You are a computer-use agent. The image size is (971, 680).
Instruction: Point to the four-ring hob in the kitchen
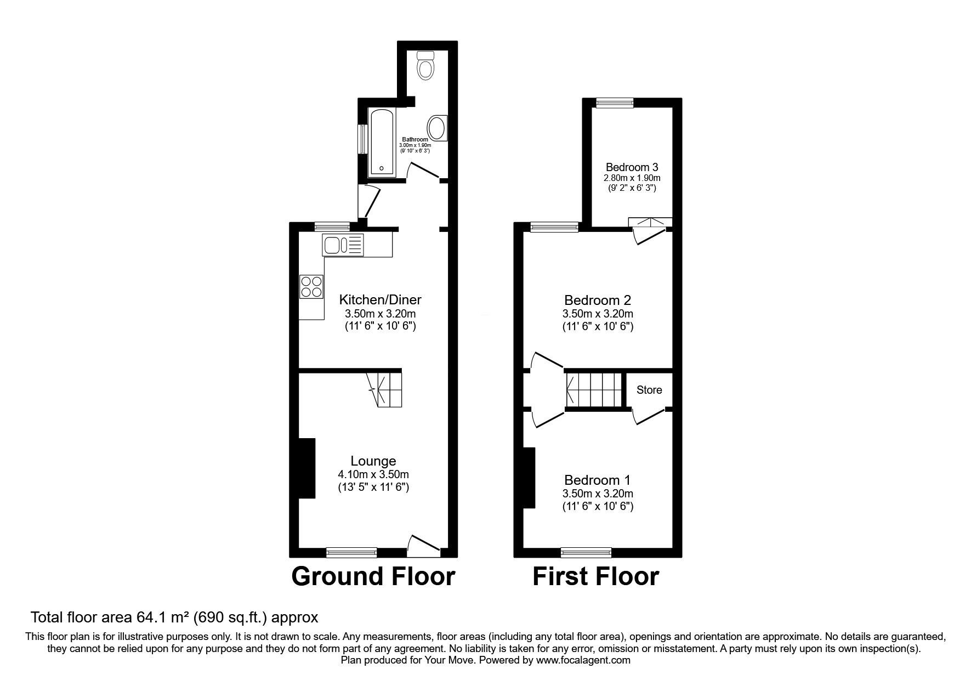[311, 286]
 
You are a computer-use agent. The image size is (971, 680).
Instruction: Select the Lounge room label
[373, 461]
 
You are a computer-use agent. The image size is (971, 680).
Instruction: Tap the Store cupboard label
[649, 390]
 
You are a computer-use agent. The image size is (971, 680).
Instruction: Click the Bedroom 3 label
[632, 167]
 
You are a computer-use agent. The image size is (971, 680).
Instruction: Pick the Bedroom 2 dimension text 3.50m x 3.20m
[598, 314]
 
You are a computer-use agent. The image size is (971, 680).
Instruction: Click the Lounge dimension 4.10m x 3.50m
[373, 474]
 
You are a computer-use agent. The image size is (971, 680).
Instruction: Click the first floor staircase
[595, 390]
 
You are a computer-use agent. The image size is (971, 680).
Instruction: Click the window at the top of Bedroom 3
[615, 102]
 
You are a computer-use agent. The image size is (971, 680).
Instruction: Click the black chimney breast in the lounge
[306, 468]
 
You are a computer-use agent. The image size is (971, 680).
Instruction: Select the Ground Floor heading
[373, 576]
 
